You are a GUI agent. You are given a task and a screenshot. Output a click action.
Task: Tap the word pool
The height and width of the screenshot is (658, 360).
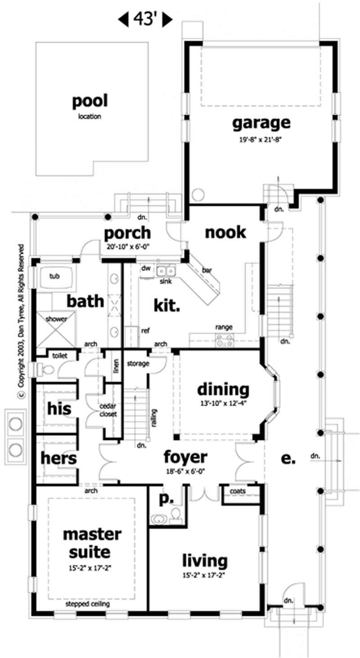pyautogui.click(x=90, y=101)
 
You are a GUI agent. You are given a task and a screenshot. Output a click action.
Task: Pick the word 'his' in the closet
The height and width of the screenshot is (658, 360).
pyautogui.click(x=59, y=409)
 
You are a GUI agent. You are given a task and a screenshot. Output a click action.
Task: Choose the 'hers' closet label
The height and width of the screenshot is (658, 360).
pyautogui.click(x=58, y=459)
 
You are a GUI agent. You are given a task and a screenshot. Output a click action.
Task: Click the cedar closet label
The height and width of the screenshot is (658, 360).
pyautogui.click(x=108, y=410)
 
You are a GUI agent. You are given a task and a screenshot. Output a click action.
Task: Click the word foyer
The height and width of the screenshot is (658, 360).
pyautogui.click(x=185, y=457)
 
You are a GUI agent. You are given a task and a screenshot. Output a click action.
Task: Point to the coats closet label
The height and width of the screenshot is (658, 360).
pyautogui.click(x=237, y=491)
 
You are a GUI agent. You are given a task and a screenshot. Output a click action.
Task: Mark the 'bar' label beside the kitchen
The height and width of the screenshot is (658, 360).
pyautogui.click(x=207, y=270)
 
